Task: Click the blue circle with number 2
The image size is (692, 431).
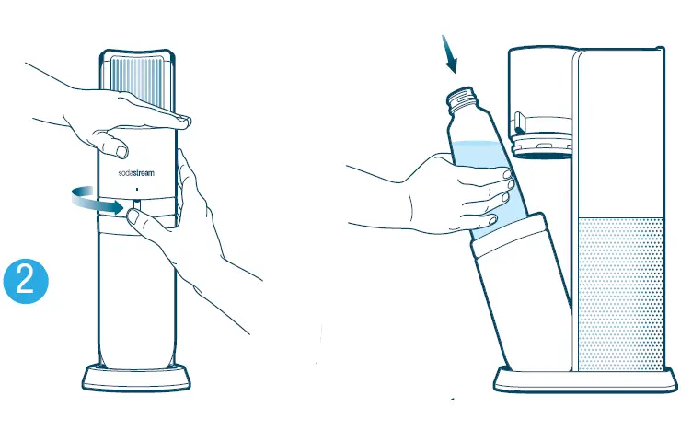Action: [27, 281]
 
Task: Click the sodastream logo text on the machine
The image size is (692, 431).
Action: [136, 172]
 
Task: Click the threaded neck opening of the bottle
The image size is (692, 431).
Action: [463, 97]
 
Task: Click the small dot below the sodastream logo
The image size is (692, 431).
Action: [136, 187]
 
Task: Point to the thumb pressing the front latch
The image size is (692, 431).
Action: [135, 217]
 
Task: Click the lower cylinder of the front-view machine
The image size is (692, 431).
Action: [136, 295]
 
